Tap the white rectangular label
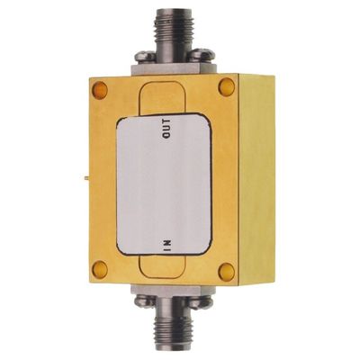(x=166, y=189)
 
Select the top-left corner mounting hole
(x=100, y=89)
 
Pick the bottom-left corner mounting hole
(x=100, y=267)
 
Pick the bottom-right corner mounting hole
(x=228, y=270)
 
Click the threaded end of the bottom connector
(x=171, y=343)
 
